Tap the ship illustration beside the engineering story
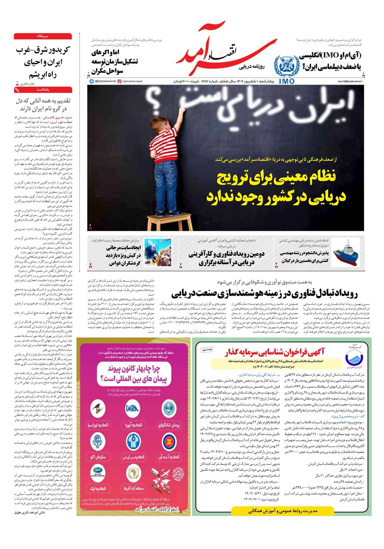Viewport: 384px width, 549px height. (x=346, y=254)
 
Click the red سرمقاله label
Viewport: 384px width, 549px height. (x=43, y=36)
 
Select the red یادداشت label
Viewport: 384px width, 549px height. (x=43, y=89)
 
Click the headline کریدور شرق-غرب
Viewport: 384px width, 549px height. (x=43, y=50)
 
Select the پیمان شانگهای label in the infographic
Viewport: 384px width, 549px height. (x=169, y=425)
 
